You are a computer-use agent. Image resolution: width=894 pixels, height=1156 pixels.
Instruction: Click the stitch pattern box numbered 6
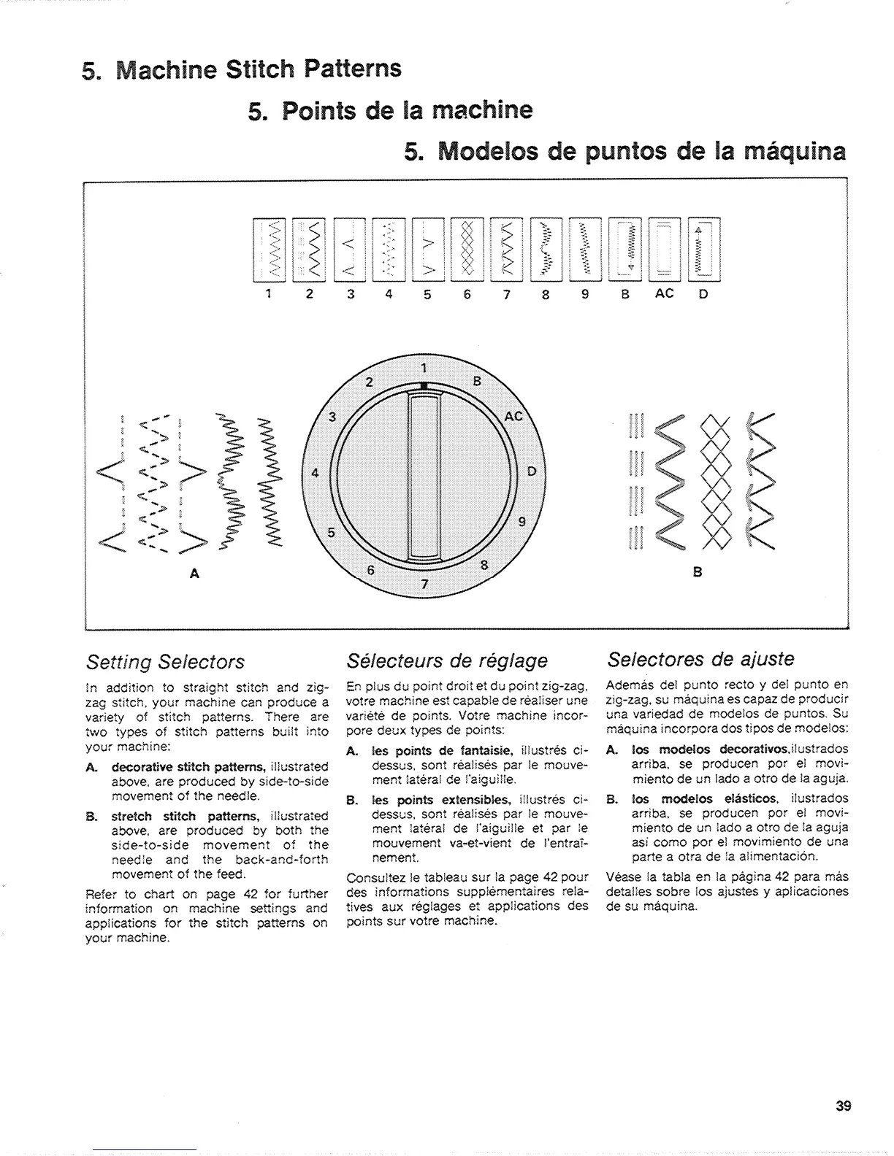(467, 250)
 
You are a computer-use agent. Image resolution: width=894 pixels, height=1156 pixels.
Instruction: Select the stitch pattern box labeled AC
(664, 250)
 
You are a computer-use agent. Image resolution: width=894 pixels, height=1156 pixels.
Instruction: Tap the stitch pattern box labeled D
(703, 250)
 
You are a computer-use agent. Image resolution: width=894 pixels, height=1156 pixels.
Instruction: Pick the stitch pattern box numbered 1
(269, 250)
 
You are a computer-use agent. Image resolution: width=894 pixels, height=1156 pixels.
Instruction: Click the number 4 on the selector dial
(315, 472)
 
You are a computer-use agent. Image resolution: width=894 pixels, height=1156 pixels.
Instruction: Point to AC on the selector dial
(514, 415)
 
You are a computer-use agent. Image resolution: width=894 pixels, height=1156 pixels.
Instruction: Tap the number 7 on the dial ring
(423, 584)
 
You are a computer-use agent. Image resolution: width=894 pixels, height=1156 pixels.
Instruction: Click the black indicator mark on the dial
(424, 385)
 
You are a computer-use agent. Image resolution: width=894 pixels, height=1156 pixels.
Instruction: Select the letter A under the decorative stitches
(195, 573)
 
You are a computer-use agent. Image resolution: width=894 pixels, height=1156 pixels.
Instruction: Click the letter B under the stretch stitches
(698, 573)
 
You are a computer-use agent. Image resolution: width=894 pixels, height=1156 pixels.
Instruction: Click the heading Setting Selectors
(165, 662)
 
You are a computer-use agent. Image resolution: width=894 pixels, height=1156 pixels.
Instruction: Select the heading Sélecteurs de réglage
(447, 661)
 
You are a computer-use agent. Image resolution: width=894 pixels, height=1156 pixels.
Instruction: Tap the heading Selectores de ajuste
(700, 660)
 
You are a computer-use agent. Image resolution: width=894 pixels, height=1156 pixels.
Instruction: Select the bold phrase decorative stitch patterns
(188, 767)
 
